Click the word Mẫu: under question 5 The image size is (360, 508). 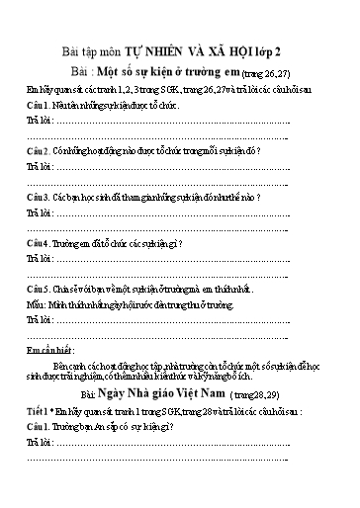point(38,306)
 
